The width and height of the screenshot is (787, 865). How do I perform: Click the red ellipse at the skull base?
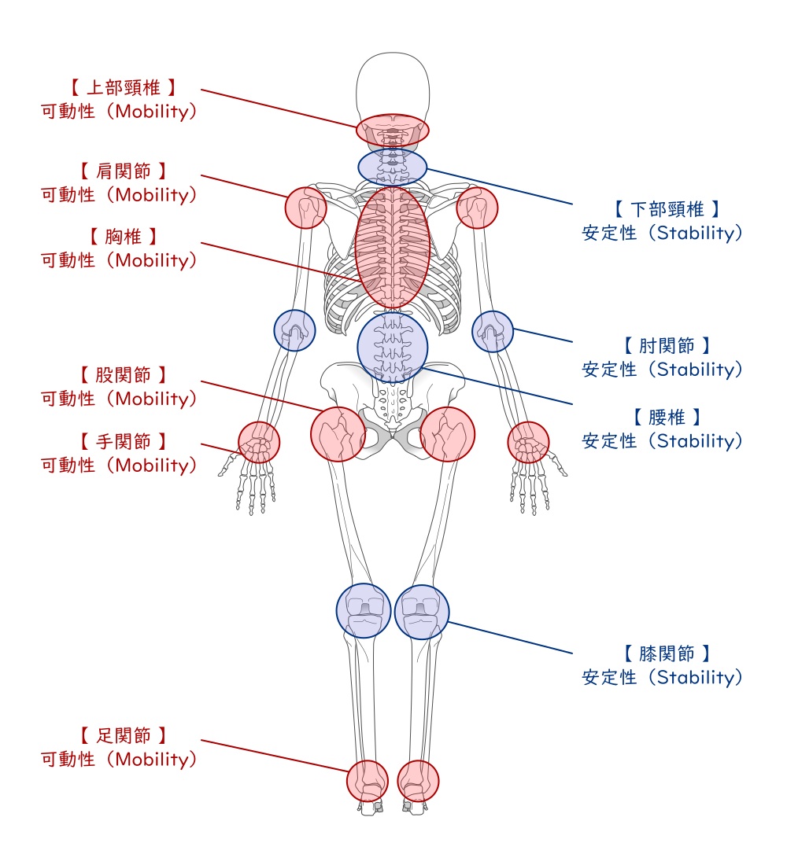pyautogui.click(x=393, y=130)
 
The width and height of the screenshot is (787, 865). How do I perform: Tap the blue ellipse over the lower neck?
pyautogui.click(x=393, y=167)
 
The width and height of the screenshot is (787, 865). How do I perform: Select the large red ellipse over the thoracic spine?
pyautogui.click(x=393, y=246)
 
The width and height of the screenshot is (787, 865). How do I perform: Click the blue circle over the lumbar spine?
pyautogui.click(x=393, y=347)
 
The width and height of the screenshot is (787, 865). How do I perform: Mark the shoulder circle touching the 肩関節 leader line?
pyautogui.click(x=305, y=208)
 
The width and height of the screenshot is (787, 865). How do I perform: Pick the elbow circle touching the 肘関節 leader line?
pyautogui.click(x=493, y=331)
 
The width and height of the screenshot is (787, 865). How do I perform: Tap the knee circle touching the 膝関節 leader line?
pyautogui.click(x=423, y=611)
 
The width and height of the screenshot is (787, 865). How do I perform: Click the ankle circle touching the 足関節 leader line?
pyautogui.click(x=368, y=780)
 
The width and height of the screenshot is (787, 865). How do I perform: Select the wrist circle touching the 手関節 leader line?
pyautogui.click(x=259, y=442)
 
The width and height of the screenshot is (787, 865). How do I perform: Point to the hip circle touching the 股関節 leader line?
pyautogui.click(x=338, y=433)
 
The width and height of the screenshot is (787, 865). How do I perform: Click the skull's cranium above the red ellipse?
pyautogui.click(x=393, y=83)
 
